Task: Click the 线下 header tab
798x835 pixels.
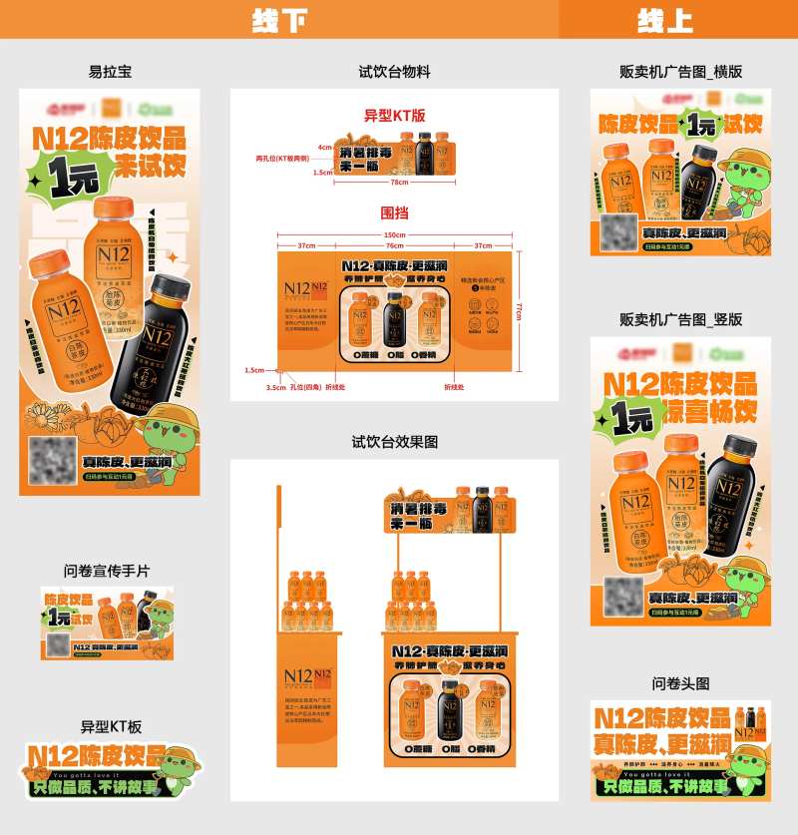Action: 279,20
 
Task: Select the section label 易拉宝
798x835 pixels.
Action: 110,72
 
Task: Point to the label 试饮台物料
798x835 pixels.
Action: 395,72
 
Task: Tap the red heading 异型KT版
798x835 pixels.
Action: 395,116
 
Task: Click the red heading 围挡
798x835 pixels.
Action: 395,213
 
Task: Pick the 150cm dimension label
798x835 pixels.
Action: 395,235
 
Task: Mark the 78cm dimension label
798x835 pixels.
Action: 399,183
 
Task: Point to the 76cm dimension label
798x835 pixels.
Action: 395,245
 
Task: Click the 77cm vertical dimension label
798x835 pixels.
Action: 518,311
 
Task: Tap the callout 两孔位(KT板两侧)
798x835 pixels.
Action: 279,159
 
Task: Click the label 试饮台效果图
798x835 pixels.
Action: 395,442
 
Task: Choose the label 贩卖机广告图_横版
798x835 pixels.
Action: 681,72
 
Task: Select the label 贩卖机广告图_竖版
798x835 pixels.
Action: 681,320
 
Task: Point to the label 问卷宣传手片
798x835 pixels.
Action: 107,571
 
